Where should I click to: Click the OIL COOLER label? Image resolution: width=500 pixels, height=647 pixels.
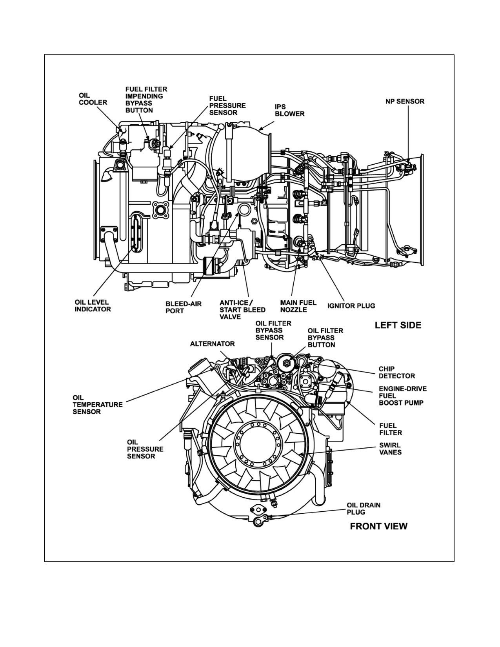(x=93, y=99)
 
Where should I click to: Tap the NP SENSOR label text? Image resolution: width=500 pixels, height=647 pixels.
(x=405, y=101)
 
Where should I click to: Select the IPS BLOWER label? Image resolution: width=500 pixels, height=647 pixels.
(x=289, y=110)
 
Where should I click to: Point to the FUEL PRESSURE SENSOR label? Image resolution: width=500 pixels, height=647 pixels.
(x=227, y=105)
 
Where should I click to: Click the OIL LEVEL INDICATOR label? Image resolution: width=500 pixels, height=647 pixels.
(x=93, y=306)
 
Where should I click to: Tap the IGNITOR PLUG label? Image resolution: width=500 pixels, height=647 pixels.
(x=351, y=306)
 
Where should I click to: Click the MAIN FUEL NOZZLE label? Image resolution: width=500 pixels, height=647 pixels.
(x=298, y=306)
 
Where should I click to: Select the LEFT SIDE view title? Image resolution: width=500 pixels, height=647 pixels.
(x=398, y=325)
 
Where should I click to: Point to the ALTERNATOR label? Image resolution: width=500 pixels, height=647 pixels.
(x=212, y=344)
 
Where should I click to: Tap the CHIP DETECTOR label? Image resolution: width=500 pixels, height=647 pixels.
(x=396, y=372)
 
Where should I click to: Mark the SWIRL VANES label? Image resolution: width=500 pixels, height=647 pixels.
(x=391, y=449)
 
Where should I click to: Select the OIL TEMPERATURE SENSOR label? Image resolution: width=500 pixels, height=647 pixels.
(x=97, y=405)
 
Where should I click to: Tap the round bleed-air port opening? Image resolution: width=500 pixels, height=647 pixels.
(x=244, y=210)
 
